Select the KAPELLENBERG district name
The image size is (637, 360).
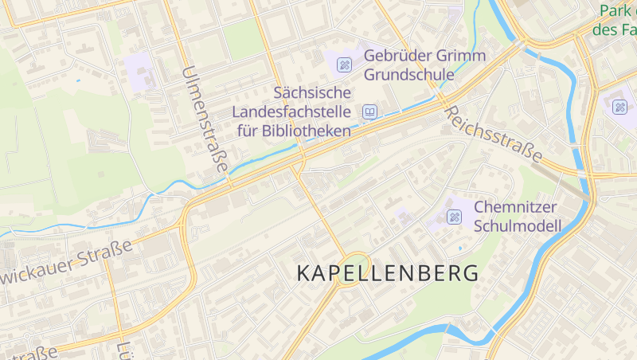[388, 273]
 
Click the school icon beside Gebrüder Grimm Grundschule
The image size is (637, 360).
[344, 64]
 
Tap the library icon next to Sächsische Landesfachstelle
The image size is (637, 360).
[369, 112]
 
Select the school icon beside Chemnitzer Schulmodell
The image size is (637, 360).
[455, 216]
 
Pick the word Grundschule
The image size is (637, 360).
[408, 75]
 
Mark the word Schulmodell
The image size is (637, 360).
[518, 225]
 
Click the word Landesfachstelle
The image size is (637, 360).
[291, 112]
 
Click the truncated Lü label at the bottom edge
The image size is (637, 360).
[124, 350]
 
